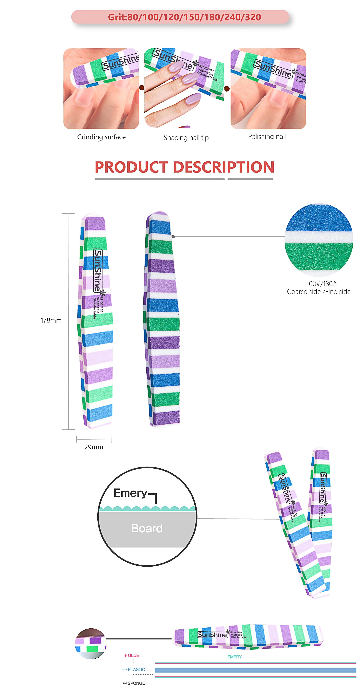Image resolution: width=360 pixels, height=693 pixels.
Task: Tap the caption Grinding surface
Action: click(101, 137)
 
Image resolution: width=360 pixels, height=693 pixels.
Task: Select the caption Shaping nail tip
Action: click(186, 138)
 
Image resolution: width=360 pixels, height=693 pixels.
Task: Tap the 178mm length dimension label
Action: click(51, 320)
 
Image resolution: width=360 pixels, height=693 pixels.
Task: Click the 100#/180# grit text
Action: click(321, 284)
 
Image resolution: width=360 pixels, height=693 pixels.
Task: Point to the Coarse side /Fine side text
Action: click(319, 292)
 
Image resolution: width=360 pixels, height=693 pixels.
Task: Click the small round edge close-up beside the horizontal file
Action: click(91, 644)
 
